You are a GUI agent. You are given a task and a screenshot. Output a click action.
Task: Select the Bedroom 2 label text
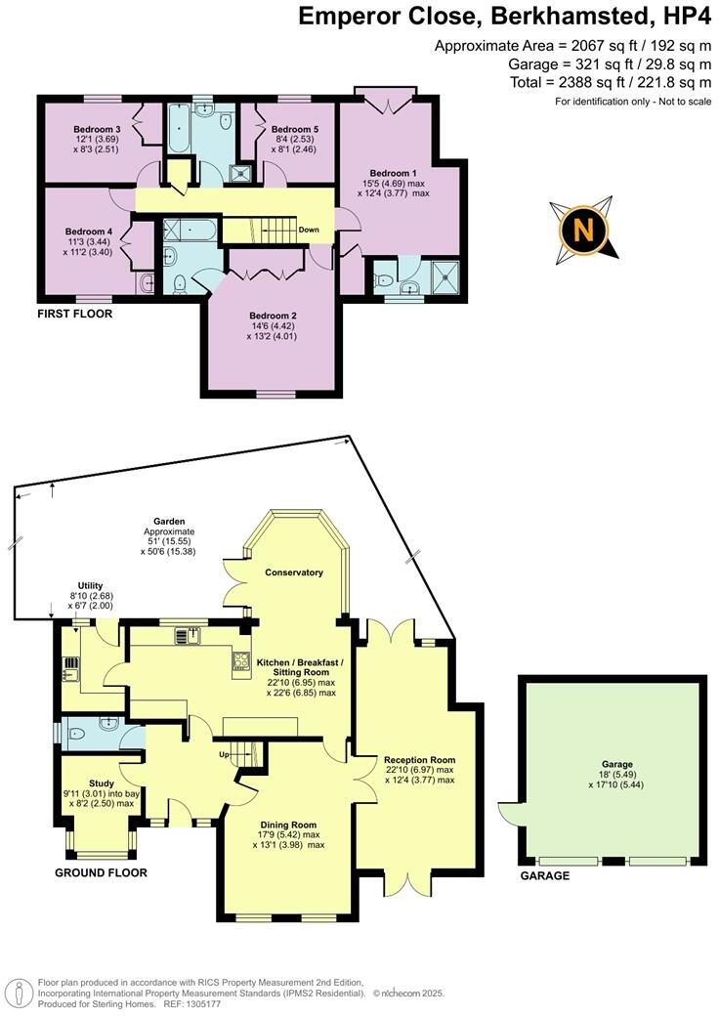(x=273, y=316)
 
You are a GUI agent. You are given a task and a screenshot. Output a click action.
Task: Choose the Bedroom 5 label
(x=295, y=130)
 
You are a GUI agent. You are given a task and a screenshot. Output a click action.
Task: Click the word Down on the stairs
(x=309, y=231)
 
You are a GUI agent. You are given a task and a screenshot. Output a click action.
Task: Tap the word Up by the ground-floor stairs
(x=223, y=754)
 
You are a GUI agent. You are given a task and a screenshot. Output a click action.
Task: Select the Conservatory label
(x=293, y=572)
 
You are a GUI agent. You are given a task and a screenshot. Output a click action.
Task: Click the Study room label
(x=102, y=783)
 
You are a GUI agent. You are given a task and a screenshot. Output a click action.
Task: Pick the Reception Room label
(x=419, y=759)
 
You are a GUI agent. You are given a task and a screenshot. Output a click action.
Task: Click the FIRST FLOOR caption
(x=74, y=315)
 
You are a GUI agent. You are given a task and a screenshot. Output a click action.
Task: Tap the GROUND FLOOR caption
(x=101, y=872)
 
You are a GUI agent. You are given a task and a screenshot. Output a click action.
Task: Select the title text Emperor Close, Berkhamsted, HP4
(x=504, y=17)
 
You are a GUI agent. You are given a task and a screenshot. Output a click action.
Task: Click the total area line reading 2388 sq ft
(x=611, y=82)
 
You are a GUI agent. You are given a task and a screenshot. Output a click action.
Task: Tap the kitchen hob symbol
(x=240, y=662)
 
